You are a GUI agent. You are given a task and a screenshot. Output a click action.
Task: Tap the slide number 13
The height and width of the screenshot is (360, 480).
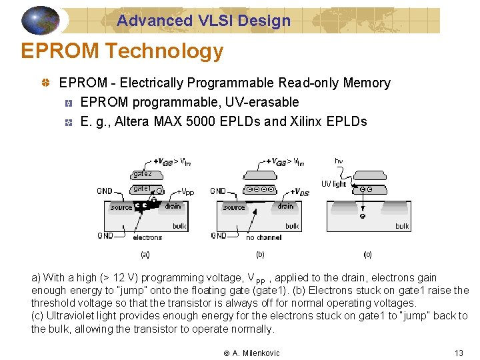[x=458, y=353]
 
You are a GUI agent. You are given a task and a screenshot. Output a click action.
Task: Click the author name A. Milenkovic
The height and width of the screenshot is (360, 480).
[x=256, y=353]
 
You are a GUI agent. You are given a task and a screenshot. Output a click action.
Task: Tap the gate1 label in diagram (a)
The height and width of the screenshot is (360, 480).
[x=141, y=189]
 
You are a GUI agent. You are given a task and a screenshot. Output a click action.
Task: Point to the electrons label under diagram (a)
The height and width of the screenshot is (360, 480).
[x=147, y=237]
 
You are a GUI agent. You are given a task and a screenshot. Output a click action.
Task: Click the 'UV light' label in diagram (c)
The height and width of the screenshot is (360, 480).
[x=334, y=184]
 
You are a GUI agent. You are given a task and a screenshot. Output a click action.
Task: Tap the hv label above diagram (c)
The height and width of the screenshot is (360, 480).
[x=339, y=161]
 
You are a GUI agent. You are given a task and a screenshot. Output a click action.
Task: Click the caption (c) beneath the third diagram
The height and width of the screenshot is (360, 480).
[x=367, y=254]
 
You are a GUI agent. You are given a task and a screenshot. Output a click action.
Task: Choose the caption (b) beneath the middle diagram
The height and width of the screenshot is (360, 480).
[x=260, y=254]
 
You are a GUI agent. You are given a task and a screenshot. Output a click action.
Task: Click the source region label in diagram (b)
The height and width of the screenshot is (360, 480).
[x=234, y=207]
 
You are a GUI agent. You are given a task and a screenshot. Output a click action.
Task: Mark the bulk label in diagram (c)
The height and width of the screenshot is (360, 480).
[x=402, y=226]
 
